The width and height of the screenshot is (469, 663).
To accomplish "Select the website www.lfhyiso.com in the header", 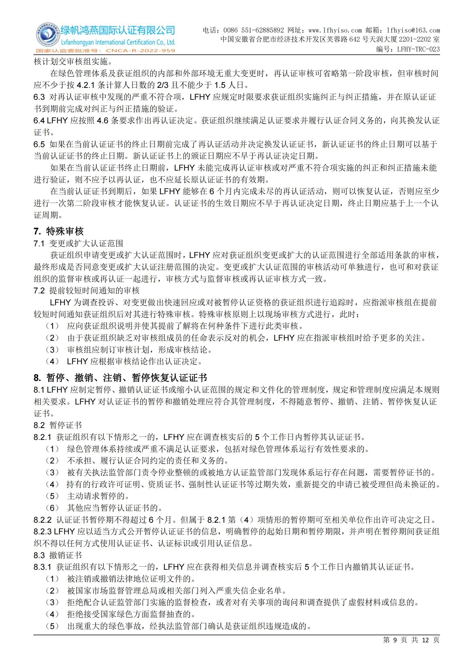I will [x=335, y=30].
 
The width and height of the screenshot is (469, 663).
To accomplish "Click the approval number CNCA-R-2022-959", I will [x=140, y=50].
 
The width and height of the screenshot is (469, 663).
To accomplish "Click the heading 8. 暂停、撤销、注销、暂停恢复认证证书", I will [x=120, y=378].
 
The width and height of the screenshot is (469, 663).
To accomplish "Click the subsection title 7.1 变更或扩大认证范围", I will [x=78, y=243].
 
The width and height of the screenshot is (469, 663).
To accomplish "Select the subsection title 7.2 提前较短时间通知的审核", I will [x=86, y=291].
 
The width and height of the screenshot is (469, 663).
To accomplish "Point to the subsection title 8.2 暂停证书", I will [x=58, y=425].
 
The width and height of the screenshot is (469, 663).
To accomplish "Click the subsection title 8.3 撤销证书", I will [x=58, y=555].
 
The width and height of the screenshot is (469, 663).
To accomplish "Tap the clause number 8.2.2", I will [x=43, y=520].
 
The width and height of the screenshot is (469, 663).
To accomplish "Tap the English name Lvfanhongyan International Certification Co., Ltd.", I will [x=118, y=43].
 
